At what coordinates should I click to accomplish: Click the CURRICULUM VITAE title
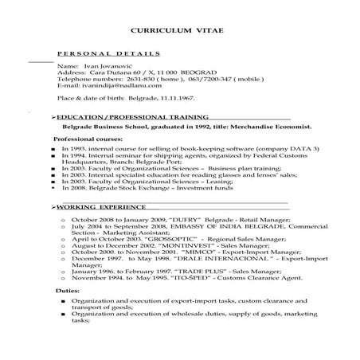[x=178, y=32]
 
